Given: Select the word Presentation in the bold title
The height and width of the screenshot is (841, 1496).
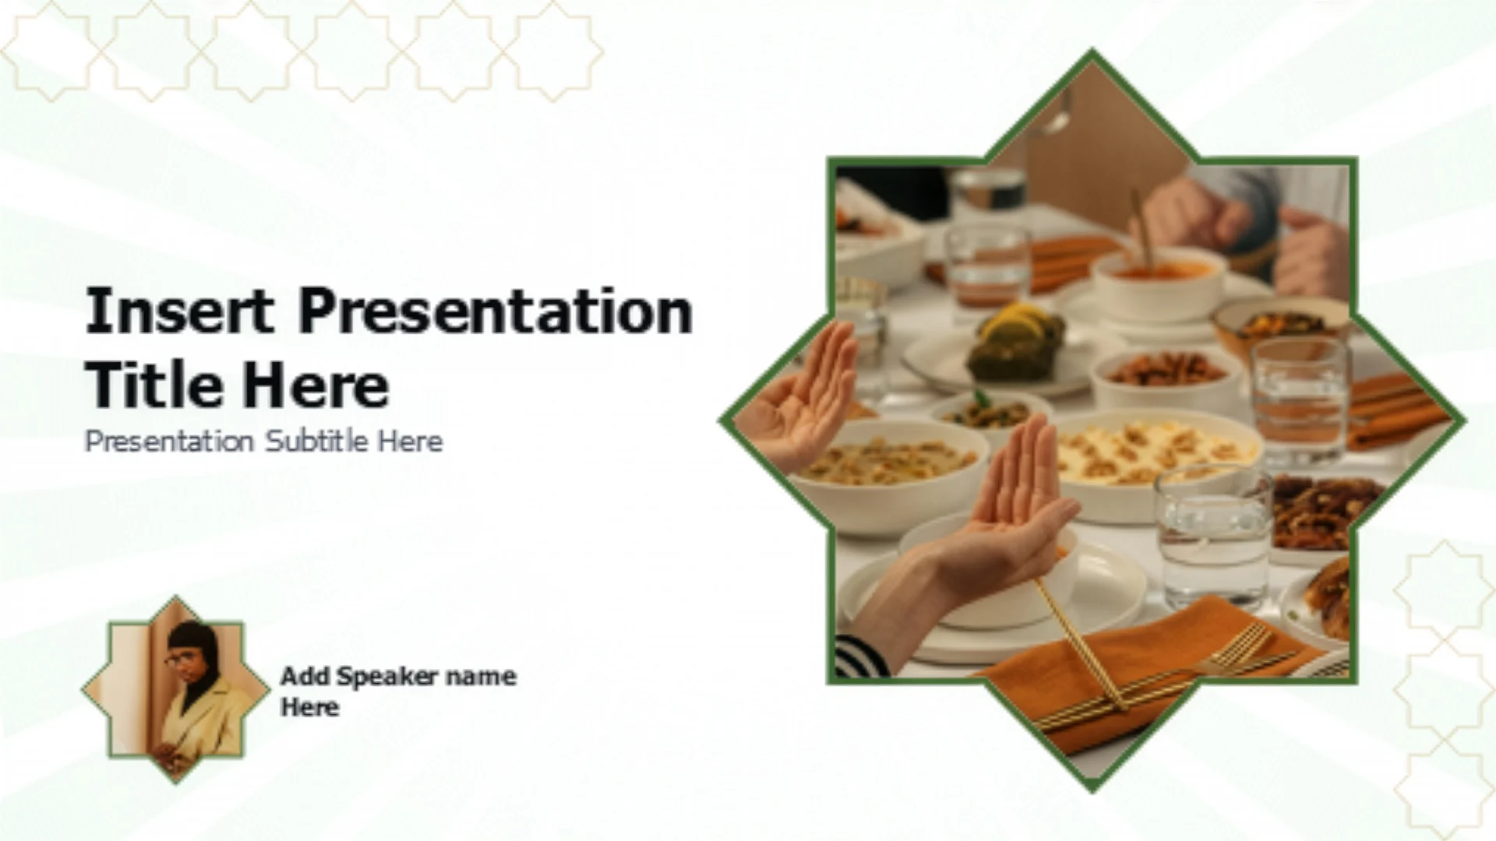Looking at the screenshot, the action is tap(496, 310).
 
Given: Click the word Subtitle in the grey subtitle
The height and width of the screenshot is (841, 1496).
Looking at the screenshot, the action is tap(316, 442).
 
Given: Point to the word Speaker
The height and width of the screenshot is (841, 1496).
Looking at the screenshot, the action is tap(377, 677).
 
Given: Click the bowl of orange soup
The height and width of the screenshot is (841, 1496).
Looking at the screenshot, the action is tap(1158, 282).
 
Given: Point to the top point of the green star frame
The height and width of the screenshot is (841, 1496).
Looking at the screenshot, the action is tap(1092, 53).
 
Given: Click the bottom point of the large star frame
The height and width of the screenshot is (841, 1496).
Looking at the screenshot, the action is tap(1092, 788).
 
